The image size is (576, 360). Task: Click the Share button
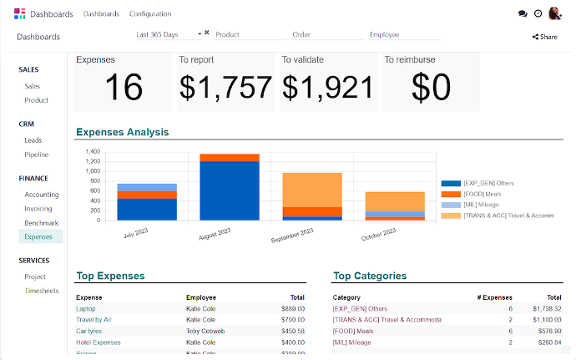coord(545,37)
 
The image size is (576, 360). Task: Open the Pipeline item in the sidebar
coord(36,155)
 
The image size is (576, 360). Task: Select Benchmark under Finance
coord(41,223)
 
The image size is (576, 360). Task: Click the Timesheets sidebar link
coord(41,291)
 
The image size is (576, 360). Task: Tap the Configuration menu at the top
coord(150,14)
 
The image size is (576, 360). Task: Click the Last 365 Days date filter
coord(169,33)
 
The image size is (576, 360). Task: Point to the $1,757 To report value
coord(225,87)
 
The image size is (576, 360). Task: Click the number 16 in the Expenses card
coord(124,87)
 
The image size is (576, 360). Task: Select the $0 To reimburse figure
coord(431,87)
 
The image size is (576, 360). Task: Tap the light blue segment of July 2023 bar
coord(147,187)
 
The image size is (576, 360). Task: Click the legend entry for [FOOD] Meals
coord(482,194)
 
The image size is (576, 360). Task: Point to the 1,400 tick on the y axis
coord(93,152)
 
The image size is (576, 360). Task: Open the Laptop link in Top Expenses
coord(86,309)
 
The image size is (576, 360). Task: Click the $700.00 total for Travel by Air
coord(292,320)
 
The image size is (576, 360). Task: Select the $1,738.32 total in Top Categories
coord(548,309)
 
